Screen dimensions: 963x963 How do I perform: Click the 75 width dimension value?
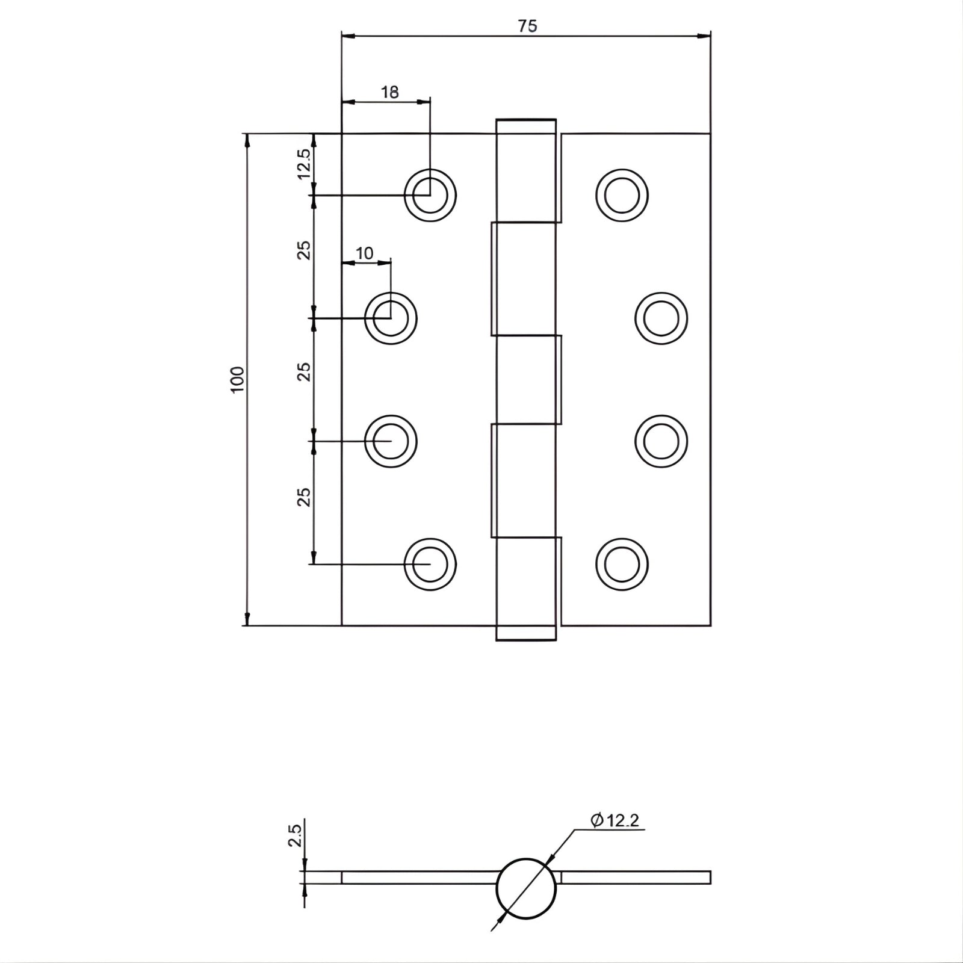527,26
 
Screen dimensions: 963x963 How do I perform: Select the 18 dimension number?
390,92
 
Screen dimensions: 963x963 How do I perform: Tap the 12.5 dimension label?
304,163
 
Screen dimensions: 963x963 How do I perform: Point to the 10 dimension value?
365,253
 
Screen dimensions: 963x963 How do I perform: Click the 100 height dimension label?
238,379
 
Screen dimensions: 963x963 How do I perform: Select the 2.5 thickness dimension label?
295,836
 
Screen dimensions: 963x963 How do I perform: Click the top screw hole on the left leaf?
430,196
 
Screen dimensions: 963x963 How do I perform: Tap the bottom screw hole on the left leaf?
430,565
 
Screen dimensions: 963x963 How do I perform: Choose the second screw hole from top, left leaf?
391,318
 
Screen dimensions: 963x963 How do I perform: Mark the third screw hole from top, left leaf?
391,441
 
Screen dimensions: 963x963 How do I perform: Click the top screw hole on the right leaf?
622,196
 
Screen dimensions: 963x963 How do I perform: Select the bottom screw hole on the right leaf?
622,565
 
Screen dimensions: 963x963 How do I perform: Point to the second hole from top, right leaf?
661,318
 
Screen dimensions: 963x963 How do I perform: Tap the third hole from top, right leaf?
661,441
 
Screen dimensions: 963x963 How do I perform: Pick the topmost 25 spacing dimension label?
305,250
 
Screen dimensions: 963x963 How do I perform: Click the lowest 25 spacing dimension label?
305,497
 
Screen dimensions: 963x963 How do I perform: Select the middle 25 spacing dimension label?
305,371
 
